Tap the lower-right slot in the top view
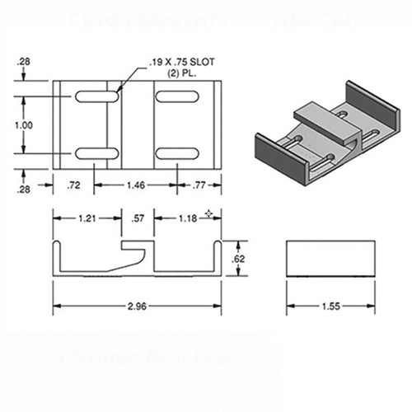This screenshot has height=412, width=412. click(176, 153)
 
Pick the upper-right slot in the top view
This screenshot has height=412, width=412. click(176, 97)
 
